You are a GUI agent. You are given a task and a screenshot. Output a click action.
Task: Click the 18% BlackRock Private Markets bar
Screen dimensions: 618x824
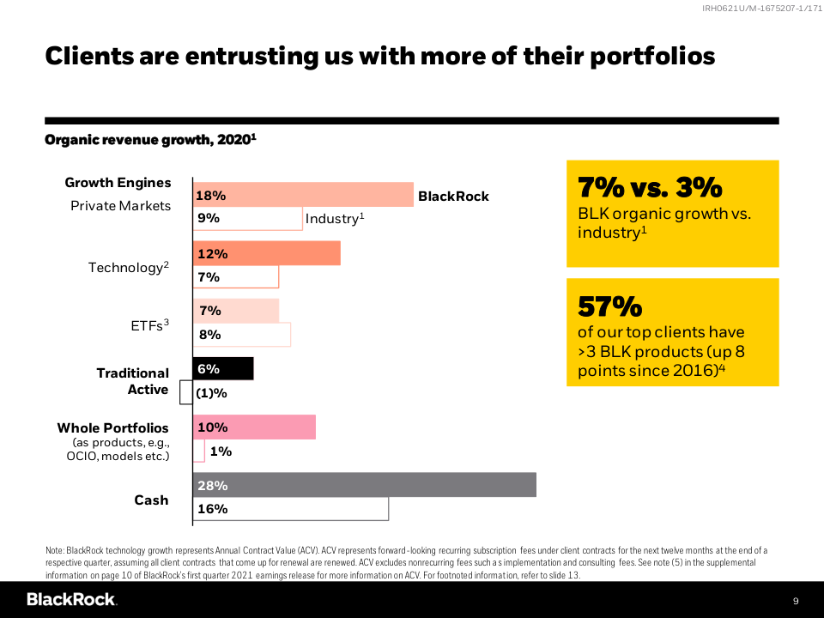tap(303, 195)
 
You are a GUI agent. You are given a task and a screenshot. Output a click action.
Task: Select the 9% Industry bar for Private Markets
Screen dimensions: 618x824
tap(247, 218)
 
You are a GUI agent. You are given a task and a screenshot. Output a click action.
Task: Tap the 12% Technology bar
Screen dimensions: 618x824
tap(266, 253)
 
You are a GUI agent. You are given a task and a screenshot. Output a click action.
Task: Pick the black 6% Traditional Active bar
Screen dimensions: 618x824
tap(223, 368)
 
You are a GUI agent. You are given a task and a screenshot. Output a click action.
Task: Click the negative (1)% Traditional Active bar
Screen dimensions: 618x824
tap(185, 392)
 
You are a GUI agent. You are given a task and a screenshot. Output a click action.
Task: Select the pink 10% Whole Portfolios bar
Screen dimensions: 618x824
tap(254, 427)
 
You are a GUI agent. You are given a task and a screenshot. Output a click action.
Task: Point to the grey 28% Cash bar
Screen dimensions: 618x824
tap(364, 485)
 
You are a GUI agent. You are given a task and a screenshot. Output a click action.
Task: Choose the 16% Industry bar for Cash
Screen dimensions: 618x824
tap(290, 508)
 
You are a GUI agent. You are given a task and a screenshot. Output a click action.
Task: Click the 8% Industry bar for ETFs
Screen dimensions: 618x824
tap(241, 335)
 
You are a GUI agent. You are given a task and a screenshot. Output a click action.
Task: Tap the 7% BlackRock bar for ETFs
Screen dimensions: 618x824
tap(235, 311)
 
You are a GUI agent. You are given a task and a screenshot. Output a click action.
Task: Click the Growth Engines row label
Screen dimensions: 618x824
tap(118, 183)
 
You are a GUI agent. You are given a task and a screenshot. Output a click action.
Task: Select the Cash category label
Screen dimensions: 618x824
tap(151, 500)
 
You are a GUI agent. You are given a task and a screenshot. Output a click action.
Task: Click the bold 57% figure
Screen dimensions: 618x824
tap(609, 306)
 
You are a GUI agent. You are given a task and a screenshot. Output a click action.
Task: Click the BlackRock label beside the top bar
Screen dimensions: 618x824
tap(453, 197)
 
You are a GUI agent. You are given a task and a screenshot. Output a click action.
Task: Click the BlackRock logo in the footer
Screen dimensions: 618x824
tap(71, 599)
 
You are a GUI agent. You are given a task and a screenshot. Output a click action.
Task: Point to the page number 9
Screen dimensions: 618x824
tap(795, 600)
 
